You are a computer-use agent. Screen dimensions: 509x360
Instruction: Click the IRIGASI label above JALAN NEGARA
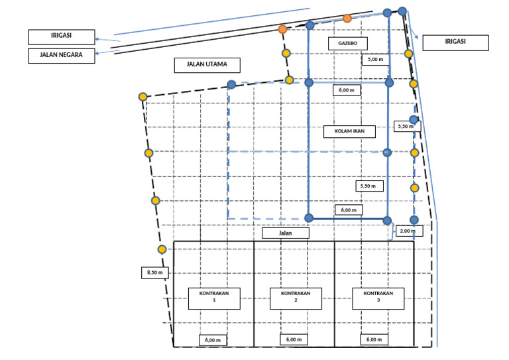point(62,37)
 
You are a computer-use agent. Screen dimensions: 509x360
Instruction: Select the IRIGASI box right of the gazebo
point(455,42)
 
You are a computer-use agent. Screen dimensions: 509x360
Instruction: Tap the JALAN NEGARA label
point(62,56)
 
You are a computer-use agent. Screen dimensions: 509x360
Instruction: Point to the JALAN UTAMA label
point(207,65)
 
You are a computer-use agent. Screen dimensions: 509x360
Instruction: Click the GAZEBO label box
point(348,44)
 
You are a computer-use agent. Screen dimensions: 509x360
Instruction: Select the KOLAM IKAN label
point(350,131)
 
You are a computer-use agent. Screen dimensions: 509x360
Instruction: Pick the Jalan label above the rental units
point(286,233)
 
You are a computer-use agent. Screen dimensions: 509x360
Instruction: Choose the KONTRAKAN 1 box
point(214,298)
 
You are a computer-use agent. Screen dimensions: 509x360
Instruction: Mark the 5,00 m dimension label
point(375,60)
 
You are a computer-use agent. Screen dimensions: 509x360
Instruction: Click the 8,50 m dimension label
point(155,272)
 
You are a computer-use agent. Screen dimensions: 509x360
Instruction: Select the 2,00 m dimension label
point(409,231)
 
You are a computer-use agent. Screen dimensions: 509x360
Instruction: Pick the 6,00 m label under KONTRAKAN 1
point(213,340)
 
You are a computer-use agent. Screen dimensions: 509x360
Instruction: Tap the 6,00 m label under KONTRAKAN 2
point(294,339)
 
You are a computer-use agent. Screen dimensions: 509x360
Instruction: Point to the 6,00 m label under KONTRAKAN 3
point(374,339)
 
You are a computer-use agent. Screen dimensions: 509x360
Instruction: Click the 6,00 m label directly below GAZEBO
point(347,90)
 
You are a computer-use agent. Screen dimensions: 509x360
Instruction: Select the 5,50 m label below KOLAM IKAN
point(369,186)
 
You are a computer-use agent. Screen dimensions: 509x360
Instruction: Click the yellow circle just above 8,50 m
point(162,249)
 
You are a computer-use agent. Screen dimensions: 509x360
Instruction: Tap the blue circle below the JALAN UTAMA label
point(231,85)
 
